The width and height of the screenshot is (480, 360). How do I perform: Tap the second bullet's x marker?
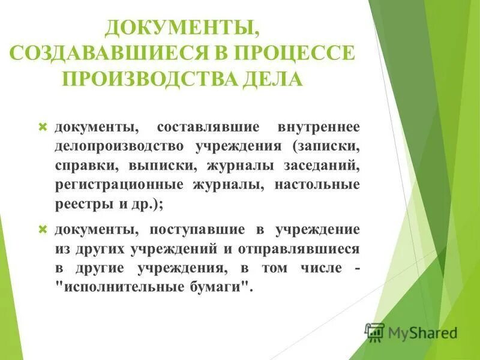pyautogui.click(x=42, y=229)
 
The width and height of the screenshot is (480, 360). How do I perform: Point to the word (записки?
pyautogui.click(x=326, y=147)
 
